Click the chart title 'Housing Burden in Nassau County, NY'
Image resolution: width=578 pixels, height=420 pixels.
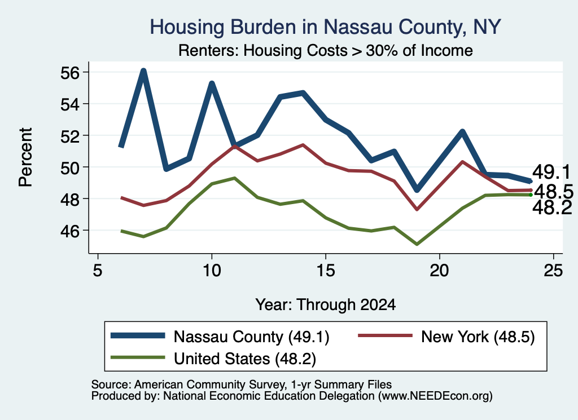click(x=325, y=27)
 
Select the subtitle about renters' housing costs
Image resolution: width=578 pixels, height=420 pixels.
click(x=326, y=50)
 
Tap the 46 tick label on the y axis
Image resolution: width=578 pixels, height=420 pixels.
click(x=69, y=231)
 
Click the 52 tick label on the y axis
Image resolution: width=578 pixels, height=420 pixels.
click(x=69, y=136)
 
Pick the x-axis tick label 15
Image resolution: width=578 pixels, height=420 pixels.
click(x=326, y=271)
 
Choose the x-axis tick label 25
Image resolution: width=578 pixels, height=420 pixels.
click(x=553, y=271)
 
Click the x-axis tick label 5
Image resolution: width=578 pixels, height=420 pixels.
click(x=97, y=271)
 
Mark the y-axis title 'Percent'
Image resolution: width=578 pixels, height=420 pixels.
click(x=25, y=157)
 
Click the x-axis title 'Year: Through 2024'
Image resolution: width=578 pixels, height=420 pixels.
click(x=326, y=305)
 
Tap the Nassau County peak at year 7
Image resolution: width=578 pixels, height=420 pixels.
click(x=143, y=70)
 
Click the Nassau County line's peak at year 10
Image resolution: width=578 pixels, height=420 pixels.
click(x=212, y=83)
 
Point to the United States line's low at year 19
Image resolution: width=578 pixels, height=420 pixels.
click(x=417, y=244)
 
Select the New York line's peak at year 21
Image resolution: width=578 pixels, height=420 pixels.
click(x=462, y=162)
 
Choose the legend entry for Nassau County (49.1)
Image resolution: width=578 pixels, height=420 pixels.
click(x=220, y=337)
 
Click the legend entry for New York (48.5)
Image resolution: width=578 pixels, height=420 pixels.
click(x=446, y=337)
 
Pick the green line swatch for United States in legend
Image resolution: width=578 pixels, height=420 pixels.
click(x=138, y=357)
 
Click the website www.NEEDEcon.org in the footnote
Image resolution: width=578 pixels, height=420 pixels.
click(x=435, y=396)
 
